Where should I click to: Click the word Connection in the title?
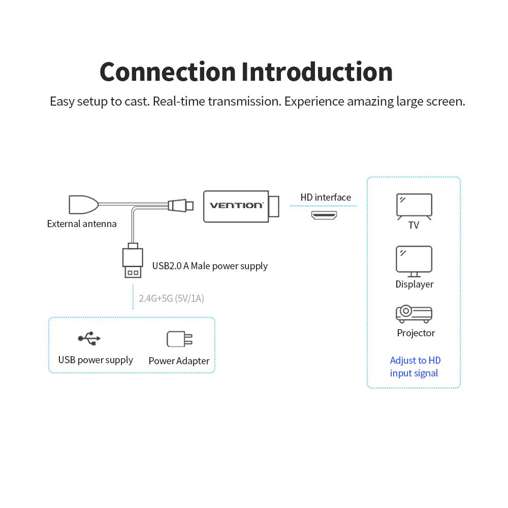coord(168,72)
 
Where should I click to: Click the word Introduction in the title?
coord(317,72)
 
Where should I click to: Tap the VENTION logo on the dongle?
coord(237,205)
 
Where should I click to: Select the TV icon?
coord(414,206)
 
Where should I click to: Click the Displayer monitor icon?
coord(414,260)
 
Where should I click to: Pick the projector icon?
coord(414,314)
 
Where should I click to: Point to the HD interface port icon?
coord(325,215)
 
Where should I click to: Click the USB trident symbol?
coord(89,338)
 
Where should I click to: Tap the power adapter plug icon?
coord(179,339)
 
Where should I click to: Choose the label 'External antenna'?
coord(82,224)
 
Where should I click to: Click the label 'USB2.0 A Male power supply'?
coord(210,266)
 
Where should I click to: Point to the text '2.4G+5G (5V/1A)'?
coord(172,298)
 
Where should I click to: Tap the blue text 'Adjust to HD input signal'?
coord(415,367)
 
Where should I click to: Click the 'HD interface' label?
coord(326,197)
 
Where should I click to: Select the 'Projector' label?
coord(416,333)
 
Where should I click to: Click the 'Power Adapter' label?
coord(179,361)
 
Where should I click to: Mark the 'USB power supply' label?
coord(96,360)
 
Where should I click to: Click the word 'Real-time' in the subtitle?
coord(176,101)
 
